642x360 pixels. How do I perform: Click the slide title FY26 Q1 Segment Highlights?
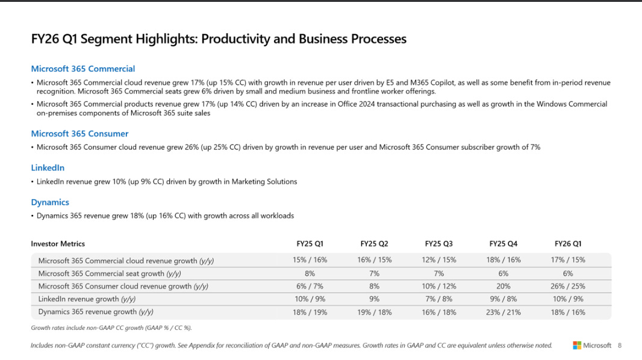219,39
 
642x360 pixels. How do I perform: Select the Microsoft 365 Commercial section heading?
83,69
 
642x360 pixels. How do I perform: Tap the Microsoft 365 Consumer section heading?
79,134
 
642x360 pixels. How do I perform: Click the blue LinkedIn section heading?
48,168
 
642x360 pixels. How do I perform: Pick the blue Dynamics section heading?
50,202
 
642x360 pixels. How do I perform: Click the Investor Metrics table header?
58,244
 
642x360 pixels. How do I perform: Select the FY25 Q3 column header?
438,244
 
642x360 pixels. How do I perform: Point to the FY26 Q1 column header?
568,244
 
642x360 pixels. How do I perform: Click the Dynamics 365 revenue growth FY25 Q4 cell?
503,312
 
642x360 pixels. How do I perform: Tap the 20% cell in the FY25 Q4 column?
503,287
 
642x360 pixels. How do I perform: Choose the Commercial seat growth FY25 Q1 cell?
310,273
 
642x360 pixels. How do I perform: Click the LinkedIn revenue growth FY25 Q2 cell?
374,299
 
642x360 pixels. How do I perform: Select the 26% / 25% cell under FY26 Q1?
568,287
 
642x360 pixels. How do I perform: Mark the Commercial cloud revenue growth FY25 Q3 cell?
438,261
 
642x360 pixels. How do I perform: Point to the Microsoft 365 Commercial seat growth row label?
101,273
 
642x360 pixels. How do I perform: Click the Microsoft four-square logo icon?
577,346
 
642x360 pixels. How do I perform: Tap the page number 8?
620,346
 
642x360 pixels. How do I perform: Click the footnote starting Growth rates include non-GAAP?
111,328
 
